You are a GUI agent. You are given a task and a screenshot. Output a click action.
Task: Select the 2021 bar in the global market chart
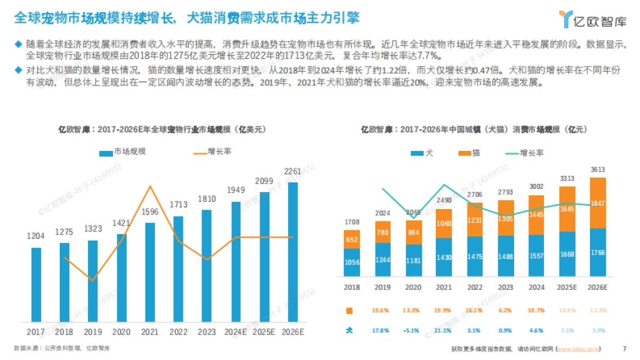click(x=150, y=272)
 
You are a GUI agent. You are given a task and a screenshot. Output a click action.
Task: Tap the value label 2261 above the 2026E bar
click(x=293, y=171)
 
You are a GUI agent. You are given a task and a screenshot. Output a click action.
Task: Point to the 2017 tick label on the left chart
click(x=36, y=332)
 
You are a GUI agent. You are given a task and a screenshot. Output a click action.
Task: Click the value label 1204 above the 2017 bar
click(x=36, y=236)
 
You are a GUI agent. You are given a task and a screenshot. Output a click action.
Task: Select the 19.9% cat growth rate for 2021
click(x=444, y=310)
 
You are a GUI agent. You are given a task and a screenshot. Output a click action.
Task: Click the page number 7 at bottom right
click(x=625, y=349)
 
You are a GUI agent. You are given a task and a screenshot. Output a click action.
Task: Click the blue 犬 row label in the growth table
click(x=350, y=331)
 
